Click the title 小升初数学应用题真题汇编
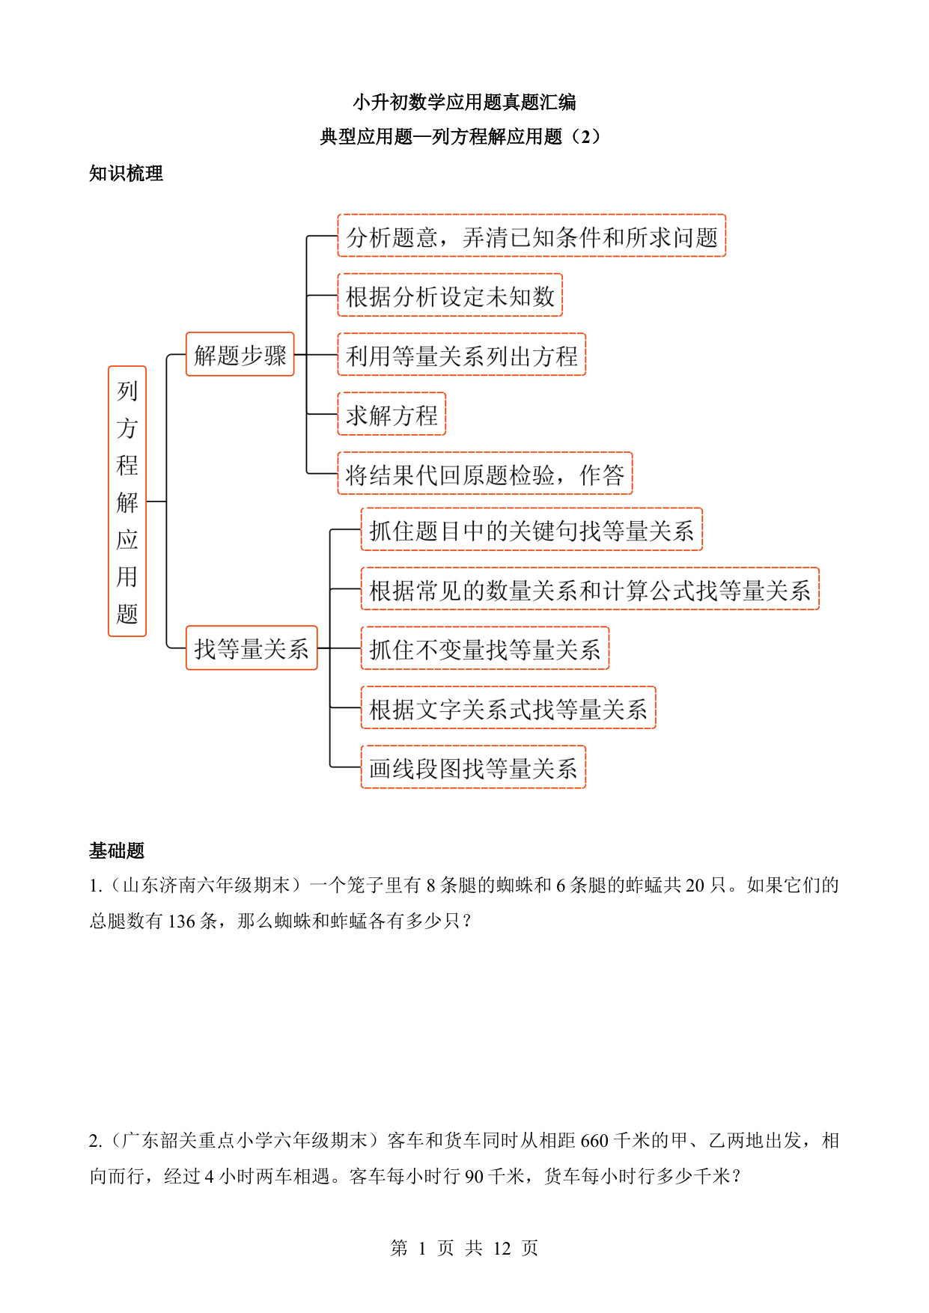pyautogui.click(x=464, y=102)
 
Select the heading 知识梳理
pyautogui.click(x=126, y=174)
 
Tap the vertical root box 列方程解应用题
pyautogui.click(x=127, y=502)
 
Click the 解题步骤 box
pyautogui.click(x=240, y=354)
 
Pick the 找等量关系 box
pyautogui.click(x=252, y=648)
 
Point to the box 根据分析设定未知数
pyautogui.click(x=450, y=295)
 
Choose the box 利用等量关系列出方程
pyautogui.click(x=461, y=355)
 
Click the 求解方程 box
pyautogui.click(x=392, y=414)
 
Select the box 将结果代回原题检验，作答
pyautogui.click(x=485, y=473)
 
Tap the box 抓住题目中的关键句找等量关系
pyautogui.click(x=531, y=529)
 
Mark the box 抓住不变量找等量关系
pyautogui.click(x=485, y=648)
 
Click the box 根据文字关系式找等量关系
pyautogui.click(x=508, y=707)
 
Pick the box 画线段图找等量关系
pyautogui.click(x=473, y=767)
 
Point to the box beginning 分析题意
pyautogui.click(x=531, y=236)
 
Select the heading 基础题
pyautogui.click(x=117, y=850)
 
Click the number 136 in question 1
pyautogui.click(x=181, y=921)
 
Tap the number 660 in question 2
pyautogui.click(x=594, y=1141)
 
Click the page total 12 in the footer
pyautogui.click(x=502, y=1249)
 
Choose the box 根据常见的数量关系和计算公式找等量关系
pyautogui.click(x=590, y=589)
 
